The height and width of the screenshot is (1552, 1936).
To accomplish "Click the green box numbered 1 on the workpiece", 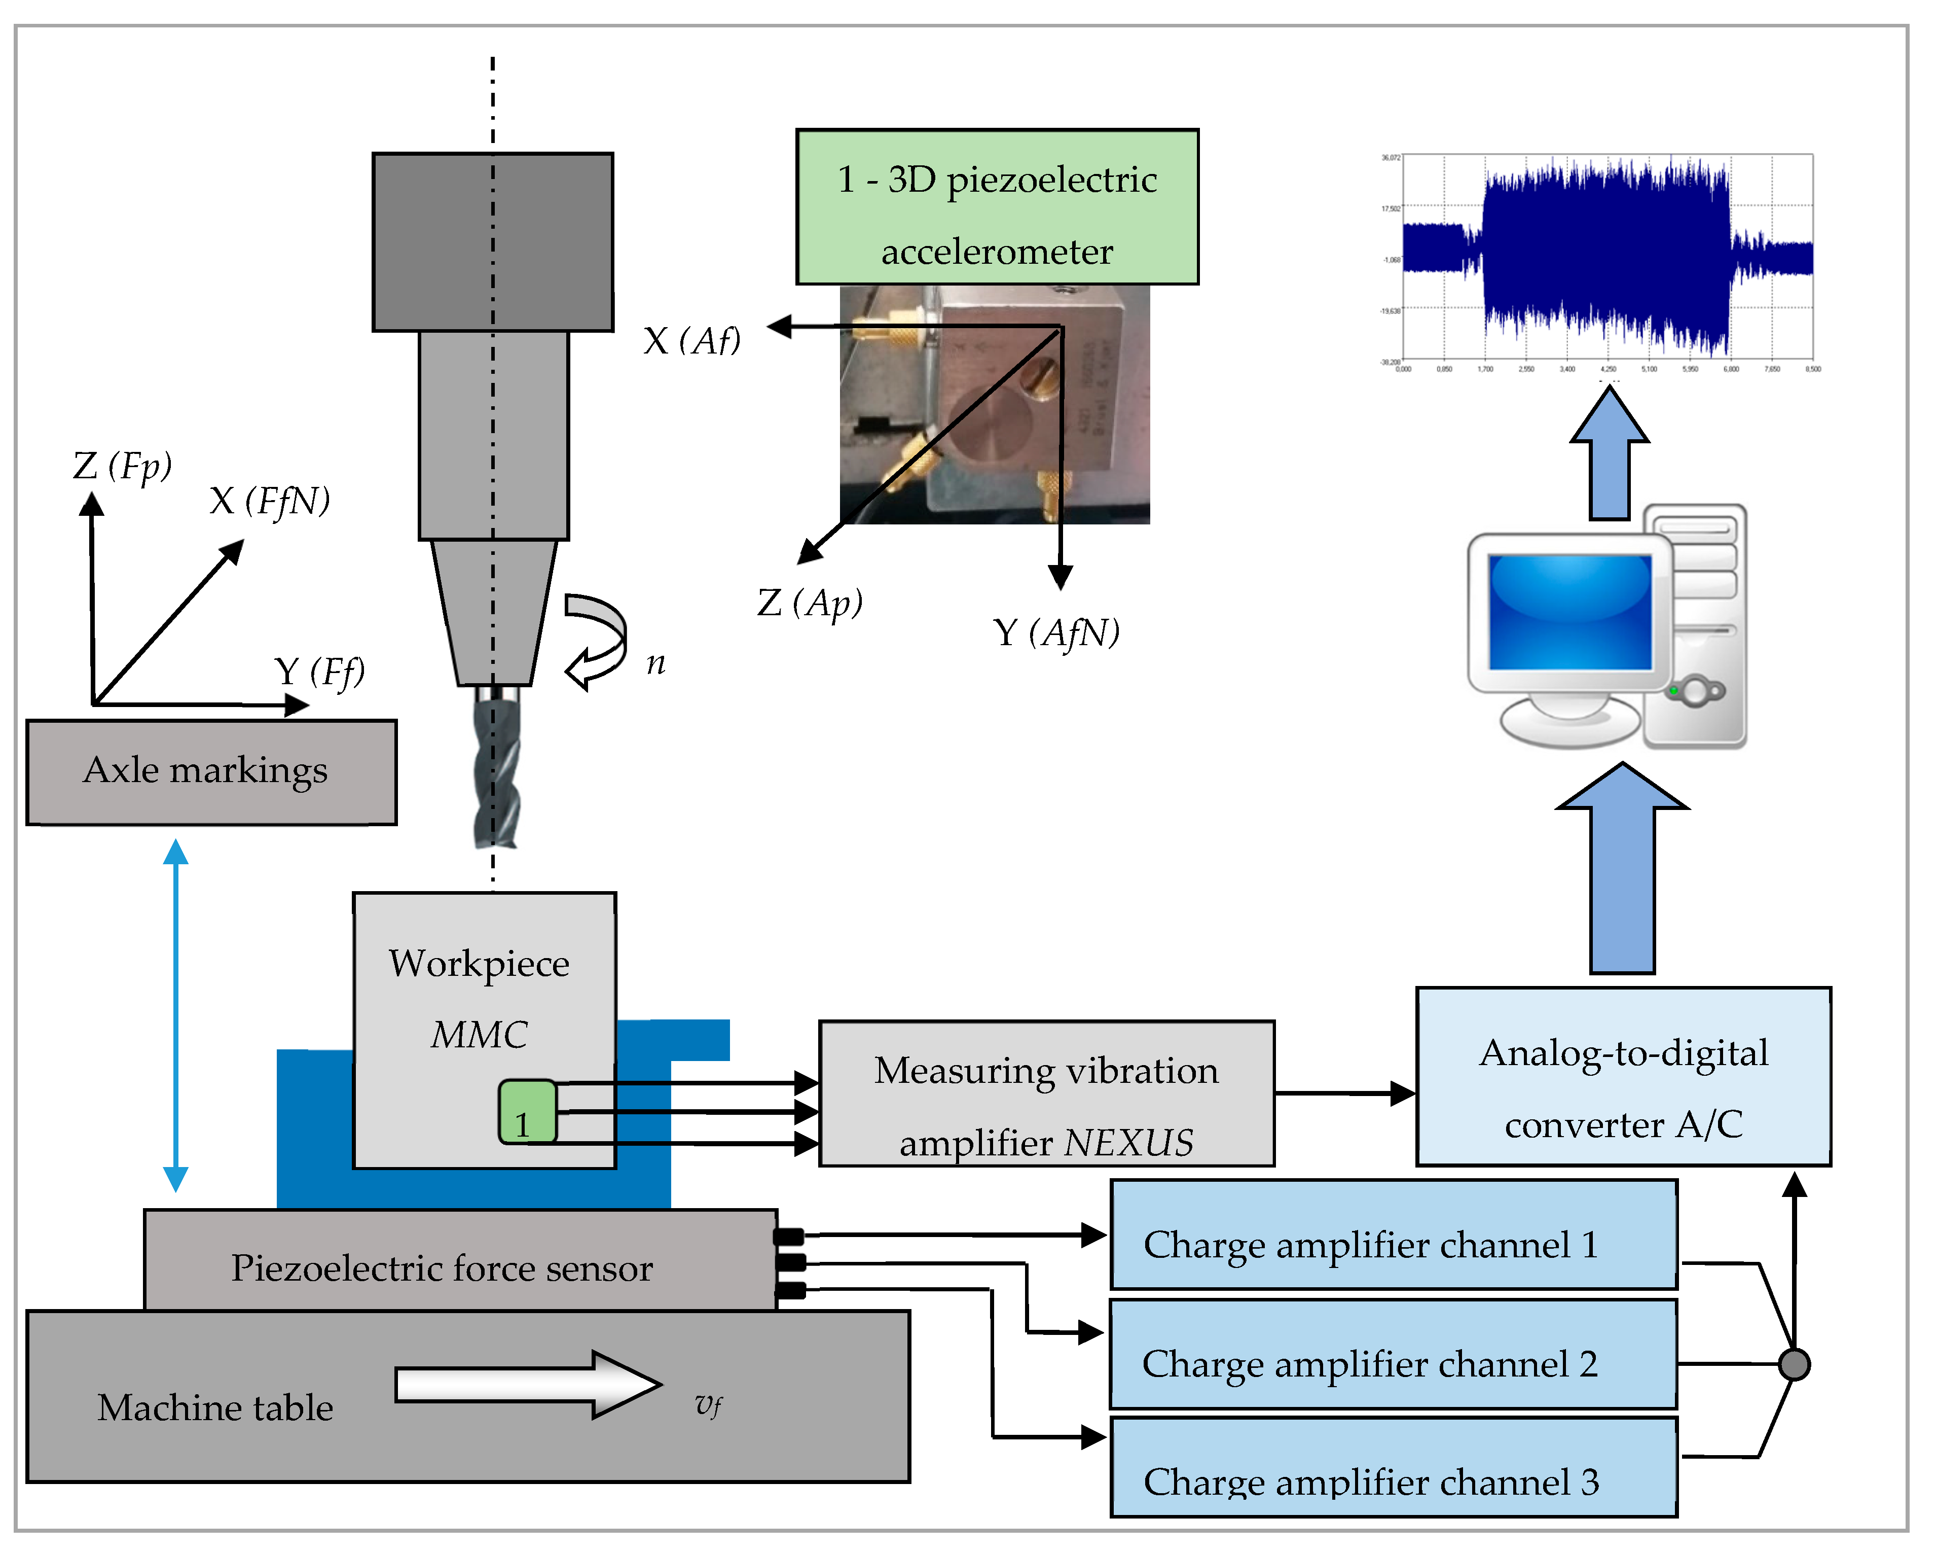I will pyautogui.click(x=527, y=1112).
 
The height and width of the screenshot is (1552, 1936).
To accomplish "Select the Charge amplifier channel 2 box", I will pyautogui.click(x=1393, y=1354).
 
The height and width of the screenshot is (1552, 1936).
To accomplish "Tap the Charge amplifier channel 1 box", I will pyautogui.click(x=1393, y=1235).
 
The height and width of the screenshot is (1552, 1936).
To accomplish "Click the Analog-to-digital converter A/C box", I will pyautogui.click(x=1623, y=1076).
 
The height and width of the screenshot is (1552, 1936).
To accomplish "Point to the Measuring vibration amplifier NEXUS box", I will pyautogui.click(x=1046, y=1093).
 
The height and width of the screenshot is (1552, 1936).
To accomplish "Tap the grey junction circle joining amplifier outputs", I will pyautogui.click(x=1793, y=1364).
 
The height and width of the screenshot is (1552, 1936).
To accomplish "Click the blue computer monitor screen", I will pyautogui.click(x=1569, y=611).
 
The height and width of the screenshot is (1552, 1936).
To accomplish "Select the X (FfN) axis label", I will pyautogui.click(x=269, y=501).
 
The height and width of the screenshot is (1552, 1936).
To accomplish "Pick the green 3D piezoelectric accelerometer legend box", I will pyautogui.click(x=997, y=206).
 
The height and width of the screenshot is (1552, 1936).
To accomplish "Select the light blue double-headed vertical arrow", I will pyautogui.click(x=176, y=1015).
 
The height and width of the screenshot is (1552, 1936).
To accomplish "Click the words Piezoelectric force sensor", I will pyautogui.click(x=442, y=1267).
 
